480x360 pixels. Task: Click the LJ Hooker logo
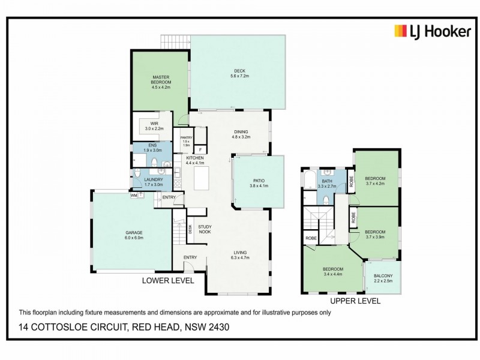coord(432,32)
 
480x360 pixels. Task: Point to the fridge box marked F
coord(200,149)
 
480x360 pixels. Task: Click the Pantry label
coord(186,137)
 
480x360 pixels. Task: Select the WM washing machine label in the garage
coord(133,194)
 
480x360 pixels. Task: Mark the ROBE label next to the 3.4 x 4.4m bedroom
coord(311,238)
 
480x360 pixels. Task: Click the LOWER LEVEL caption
coord(167,280)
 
